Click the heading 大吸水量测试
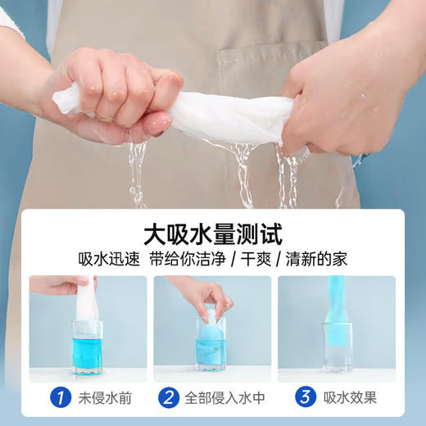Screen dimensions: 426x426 (x=212, y=235)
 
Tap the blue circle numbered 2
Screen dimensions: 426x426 (x=169, y=398)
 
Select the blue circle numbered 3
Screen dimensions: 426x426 (x=306, y=398)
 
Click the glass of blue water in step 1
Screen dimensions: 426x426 (x=87, y=347)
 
